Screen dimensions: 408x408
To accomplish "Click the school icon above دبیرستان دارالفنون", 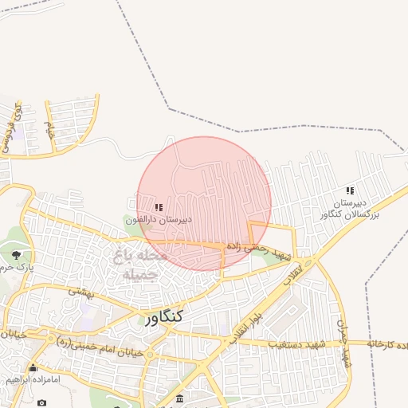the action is tap(159, 207).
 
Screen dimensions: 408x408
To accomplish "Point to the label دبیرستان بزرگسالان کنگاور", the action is tap(351, 210).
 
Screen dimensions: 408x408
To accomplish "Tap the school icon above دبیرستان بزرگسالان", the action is tap(350, 191).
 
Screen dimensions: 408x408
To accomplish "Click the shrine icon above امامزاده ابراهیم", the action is tap(33, 368).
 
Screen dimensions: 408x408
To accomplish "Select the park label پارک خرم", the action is tap(17, 266).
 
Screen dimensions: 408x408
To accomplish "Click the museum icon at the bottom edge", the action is tap(179, 398).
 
